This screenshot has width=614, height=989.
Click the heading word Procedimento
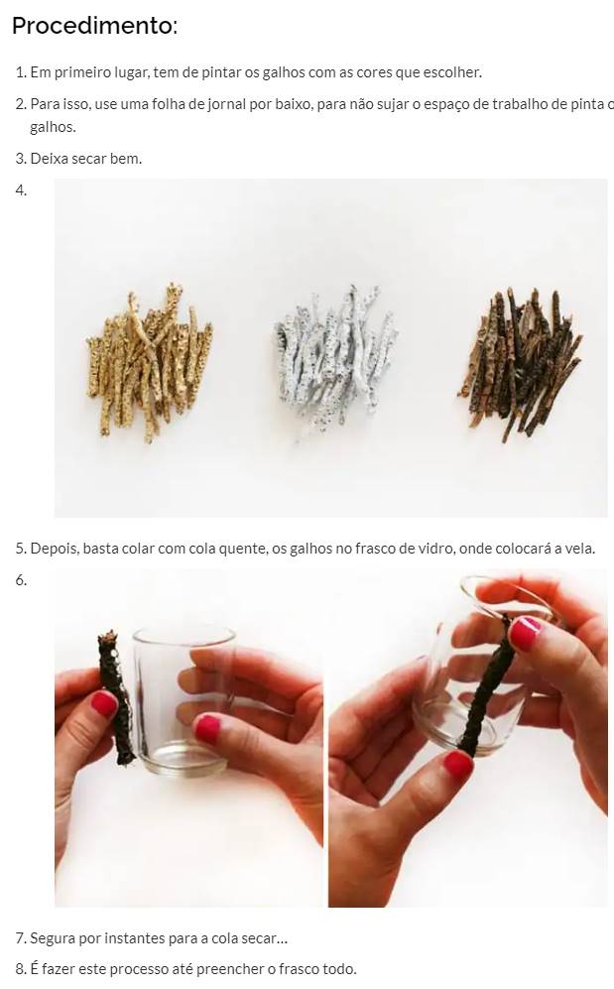(94, 26)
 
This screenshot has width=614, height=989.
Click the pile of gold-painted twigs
(150, 363)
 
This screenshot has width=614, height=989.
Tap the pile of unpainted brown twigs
(520, 364)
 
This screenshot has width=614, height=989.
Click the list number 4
(21, 190)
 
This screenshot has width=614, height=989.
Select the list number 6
(21, 580)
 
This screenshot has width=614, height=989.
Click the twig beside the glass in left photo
(118, 697)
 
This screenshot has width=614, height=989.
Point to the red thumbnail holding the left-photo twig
(103, 703)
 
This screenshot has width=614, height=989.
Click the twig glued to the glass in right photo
(484, 686)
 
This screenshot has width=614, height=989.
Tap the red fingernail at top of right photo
(525, 633)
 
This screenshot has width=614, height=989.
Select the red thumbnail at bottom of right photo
(457, 764)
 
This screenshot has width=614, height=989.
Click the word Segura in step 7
(51, 938)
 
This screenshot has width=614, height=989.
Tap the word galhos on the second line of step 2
(53, 127)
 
